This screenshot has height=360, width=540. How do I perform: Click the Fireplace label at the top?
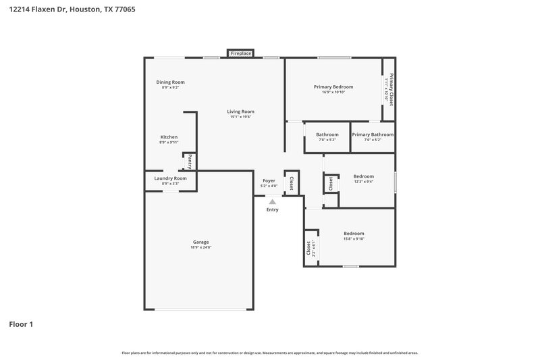[240, 53]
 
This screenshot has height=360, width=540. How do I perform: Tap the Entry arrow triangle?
[272, 201]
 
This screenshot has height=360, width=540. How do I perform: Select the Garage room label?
[200, 242]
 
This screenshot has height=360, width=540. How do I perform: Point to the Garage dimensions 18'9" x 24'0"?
[200, 248]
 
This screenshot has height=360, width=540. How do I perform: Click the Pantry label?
[190, 162]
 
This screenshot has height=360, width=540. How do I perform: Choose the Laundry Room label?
[170, 178]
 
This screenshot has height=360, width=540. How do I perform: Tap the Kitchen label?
[169, 137]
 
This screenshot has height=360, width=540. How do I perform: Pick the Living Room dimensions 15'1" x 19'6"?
[240, 117]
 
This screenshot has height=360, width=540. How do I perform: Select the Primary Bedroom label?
[333, 86]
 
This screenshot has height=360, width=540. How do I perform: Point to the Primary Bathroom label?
[373, 134]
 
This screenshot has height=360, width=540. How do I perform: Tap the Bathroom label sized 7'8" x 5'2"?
[327, 134]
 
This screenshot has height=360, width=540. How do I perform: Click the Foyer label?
[269, 180]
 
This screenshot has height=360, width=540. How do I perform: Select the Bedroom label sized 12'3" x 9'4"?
[362, 176]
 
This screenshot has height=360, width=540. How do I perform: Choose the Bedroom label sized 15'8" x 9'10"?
[354, 234]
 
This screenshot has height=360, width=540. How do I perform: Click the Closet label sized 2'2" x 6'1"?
[308, 249]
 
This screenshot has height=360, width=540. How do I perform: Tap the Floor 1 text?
[21, 324]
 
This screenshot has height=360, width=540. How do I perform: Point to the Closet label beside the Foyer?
[291, 182]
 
